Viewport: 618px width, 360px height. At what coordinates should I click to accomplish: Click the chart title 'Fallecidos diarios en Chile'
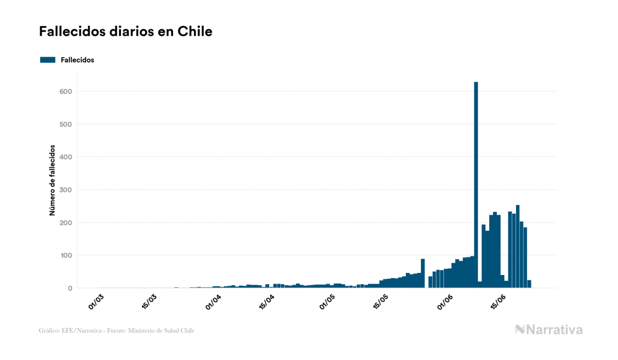[126, 32]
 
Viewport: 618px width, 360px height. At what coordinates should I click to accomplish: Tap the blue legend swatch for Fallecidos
[48, 60]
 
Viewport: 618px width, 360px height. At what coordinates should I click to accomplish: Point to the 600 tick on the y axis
[66, 91]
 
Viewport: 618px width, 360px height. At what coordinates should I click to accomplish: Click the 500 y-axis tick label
[66, 124]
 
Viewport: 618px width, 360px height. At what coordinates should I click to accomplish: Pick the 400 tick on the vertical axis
[66, 157]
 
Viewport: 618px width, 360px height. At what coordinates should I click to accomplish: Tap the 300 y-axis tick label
[66, 190]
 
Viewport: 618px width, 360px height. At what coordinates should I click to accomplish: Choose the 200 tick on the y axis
[66, 223]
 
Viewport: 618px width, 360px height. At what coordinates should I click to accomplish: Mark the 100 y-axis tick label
[66, 255]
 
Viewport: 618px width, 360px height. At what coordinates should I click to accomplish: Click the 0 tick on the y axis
[69, 288]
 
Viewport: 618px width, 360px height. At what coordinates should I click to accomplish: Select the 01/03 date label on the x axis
[96, 301]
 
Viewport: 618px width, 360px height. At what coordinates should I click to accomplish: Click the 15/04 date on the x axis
[267, 301]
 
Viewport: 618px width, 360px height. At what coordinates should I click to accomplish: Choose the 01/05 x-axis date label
[328, 301]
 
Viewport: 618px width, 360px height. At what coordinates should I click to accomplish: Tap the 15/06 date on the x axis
[499, 301]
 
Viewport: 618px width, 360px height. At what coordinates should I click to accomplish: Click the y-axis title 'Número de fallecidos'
[52, 179]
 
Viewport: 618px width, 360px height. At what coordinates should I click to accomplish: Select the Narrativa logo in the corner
[549, 330]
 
